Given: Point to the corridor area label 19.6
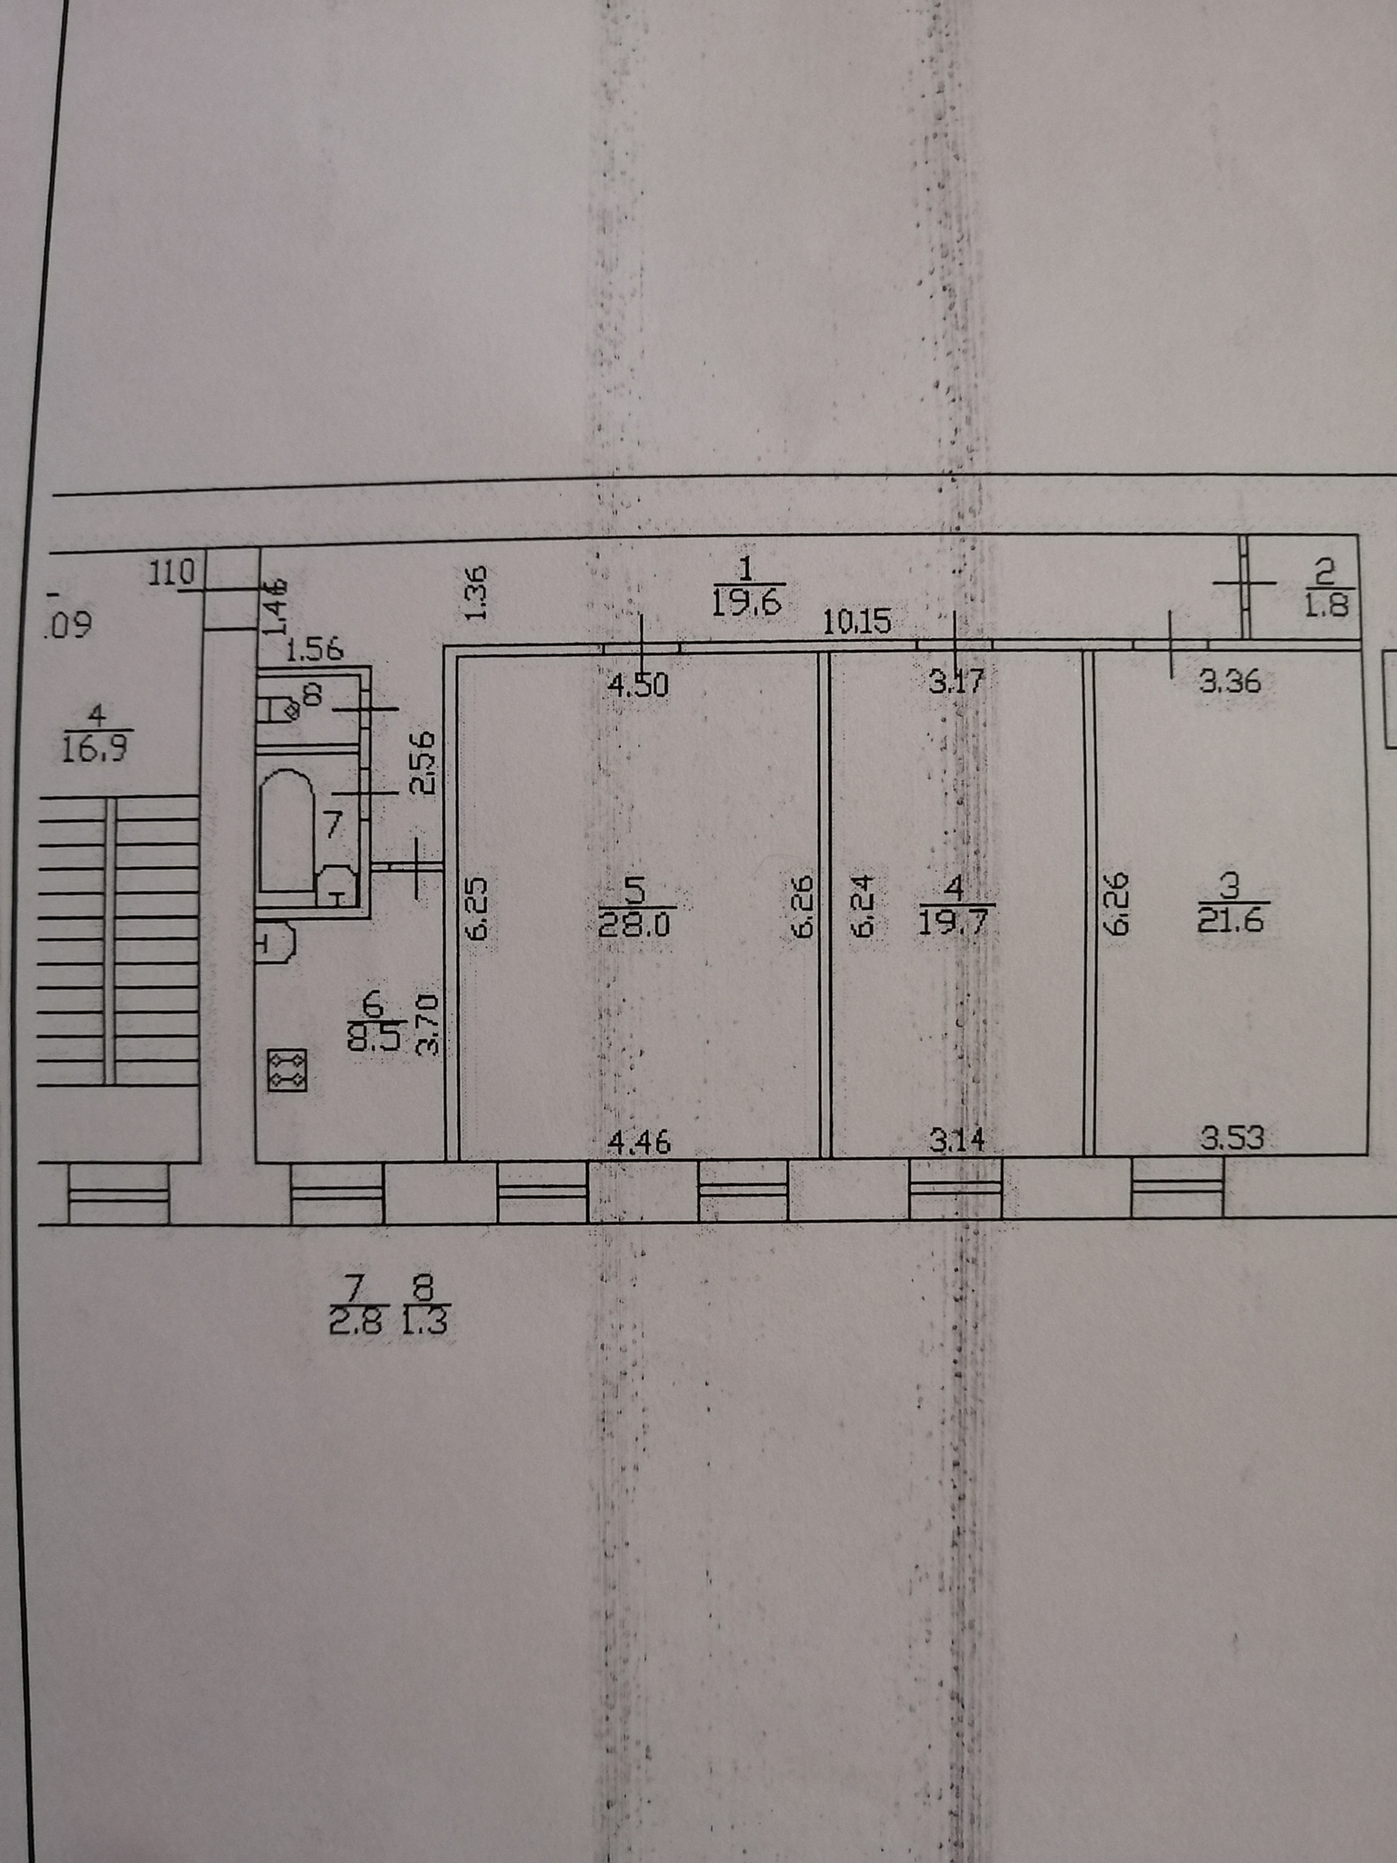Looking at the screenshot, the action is pos(749,603).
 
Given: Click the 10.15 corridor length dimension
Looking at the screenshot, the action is pos(856,622).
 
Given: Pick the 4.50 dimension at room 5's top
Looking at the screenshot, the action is pos(638,685).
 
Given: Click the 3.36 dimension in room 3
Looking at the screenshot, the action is pos(1230,680).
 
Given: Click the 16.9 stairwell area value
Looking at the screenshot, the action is pos(95,748).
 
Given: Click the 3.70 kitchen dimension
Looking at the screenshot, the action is pos(429,1025).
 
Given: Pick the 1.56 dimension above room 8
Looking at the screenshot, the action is pos(314,649).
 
